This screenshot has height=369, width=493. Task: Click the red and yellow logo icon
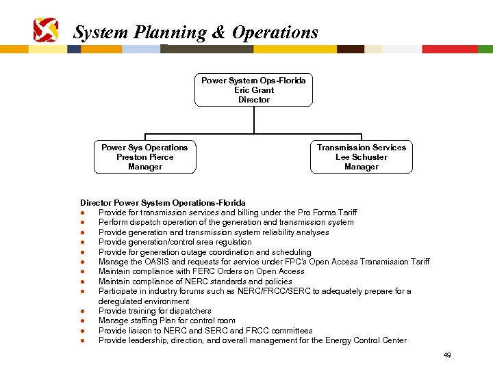[x=46, y=30]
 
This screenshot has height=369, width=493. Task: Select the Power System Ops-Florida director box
[x=253, y=90]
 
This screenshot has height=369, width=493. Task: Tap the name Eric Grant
[x=253, y=90]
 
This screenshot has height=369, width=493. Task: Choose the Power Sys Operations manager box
[x=144, y=157]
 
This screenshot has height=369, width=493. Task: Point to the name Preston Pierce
[x=144, y=157]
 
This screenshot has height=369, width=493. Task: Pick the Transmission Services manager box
[x=362, y=157]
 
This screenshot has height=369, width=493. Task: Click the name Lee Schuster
[x=362, y=157]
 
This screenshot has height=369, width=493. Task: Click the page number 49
[x=447, y=355]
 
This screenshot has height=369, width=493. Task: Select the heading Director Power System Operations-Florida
[x=163, y=203]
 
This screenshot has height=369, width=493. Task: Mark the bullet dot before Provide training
[x=82, y=311]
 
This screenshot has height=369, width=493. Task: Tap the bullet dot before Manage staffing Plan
[x=82, y=320]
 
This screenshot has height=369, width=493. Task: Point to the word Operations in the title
[x=275, y=33]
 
